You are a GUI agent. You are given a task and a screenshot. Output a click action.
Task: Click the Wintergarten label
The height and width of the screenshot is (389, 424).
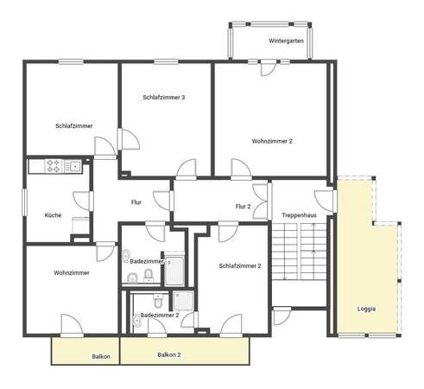pos(286,41)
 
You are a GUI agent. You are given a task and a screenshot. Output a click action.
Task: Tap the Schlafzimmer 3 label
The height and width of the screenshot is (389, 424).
pos(164,98)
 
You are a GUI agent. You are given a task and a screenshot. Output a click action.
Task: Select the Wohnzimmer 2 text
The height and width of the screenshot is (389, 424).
pos(272,141)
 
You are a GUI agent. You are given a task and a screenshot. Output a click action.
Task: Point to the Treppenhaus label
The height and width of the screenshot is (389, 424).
pos(299,215)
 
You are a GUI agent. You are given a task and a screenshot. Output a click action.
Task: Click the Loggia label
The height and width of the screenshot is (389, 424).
pos(366,309)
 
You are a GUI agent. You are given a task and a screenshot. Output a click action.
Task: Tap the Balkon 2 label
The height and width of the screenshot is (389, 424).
pos(169,355)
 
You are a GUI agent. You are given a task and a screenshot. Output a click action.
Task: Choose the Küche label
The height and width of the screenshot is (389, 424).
pos(53,215)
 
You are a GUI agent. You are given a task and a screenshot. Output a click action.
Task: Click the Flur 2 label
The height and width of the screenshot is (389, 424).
pos(243,207)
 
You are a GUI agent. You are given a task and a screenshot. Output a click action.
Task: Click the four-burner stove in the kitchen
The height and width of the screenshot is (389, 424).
pos(54,166)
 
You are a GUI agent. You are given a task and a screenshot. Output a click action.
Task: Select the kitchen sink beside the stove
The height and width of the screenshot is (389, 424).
pos(73,166)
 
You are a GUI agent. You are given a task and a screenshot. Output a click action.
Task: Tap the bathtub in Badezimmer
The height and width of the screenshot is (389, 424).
pos(174,271)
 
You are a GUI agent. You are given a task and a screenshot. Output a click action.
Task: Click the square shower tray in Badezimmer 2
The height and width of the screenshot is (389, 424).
pos(183,301)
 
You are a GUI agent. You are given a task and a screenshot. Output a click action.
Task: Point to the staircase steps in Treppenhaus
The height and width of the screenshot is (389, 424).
pos(299,252)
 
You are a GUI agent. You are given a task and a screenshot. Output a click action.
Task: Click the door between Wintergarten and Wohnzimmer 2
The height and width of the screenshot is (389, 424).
pos(269,68)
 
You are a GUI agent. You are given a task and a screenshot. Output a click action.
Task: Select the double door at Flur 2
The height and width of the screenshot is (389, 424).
pos(261,201)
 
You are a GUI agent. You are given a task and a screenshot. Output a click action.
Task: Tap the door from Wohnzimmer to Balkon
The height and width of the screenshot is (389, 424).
pos(72,325)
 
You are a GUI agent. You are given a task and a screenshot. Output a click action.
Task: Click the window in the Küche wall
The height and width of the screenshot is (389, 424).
pos(24,202)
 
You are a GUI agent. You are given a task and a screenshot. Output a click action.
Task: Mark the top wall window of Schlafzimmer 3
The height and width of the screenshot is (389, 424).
pos(166,61)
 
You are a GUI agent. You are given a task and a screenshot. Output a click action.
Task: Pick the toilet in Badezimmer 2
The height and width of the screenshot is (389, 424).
pos(158,301)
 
